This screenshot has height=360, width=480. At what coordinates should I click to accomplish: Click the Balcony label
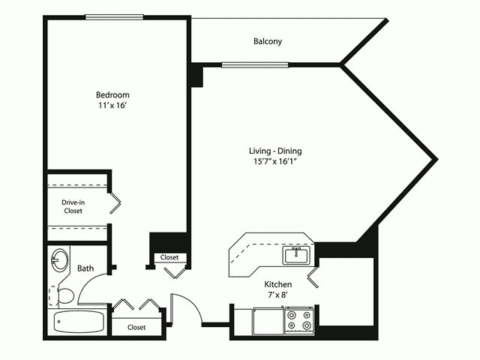tap(268, 42)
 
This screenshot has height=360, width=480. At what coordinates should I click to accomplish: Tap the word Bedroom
tap(112, 95)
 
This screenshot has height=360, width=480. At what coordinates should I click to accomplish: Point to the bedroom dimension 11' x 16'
tap(112, 106)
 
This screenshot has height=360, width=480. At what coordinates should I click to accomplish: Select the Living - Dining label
tap(276, 151)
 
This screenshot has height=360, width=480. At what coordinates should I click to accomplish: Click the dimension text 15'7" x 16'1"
tap(276, 162)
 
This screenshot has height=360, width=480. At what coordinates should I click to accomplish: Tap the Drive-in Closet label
tap(73, 206)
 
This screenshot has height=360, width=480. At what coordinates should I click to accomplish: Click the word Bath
tap(85, 268)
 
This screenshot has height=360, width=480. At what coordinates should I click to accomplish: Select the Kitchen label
tap(277, 285)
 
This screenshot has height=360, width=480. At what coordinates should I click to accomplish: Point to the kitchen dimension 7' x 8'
tap(277, 296)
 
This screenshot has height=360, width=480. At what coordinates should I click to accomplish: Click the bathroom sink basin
tap(59, 262)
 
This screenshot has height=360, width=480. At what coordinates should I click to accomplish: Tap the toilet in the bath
tap(64, 295)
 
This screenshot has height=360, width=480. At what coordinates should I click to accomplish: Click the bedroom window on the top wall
tap(114, 16)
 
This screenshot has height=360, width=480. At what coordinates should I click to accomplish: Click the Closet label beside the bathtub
tap(136, 328)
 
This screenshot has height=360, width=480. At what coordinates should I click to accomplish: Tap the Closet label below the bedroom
tap(169, 258)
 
